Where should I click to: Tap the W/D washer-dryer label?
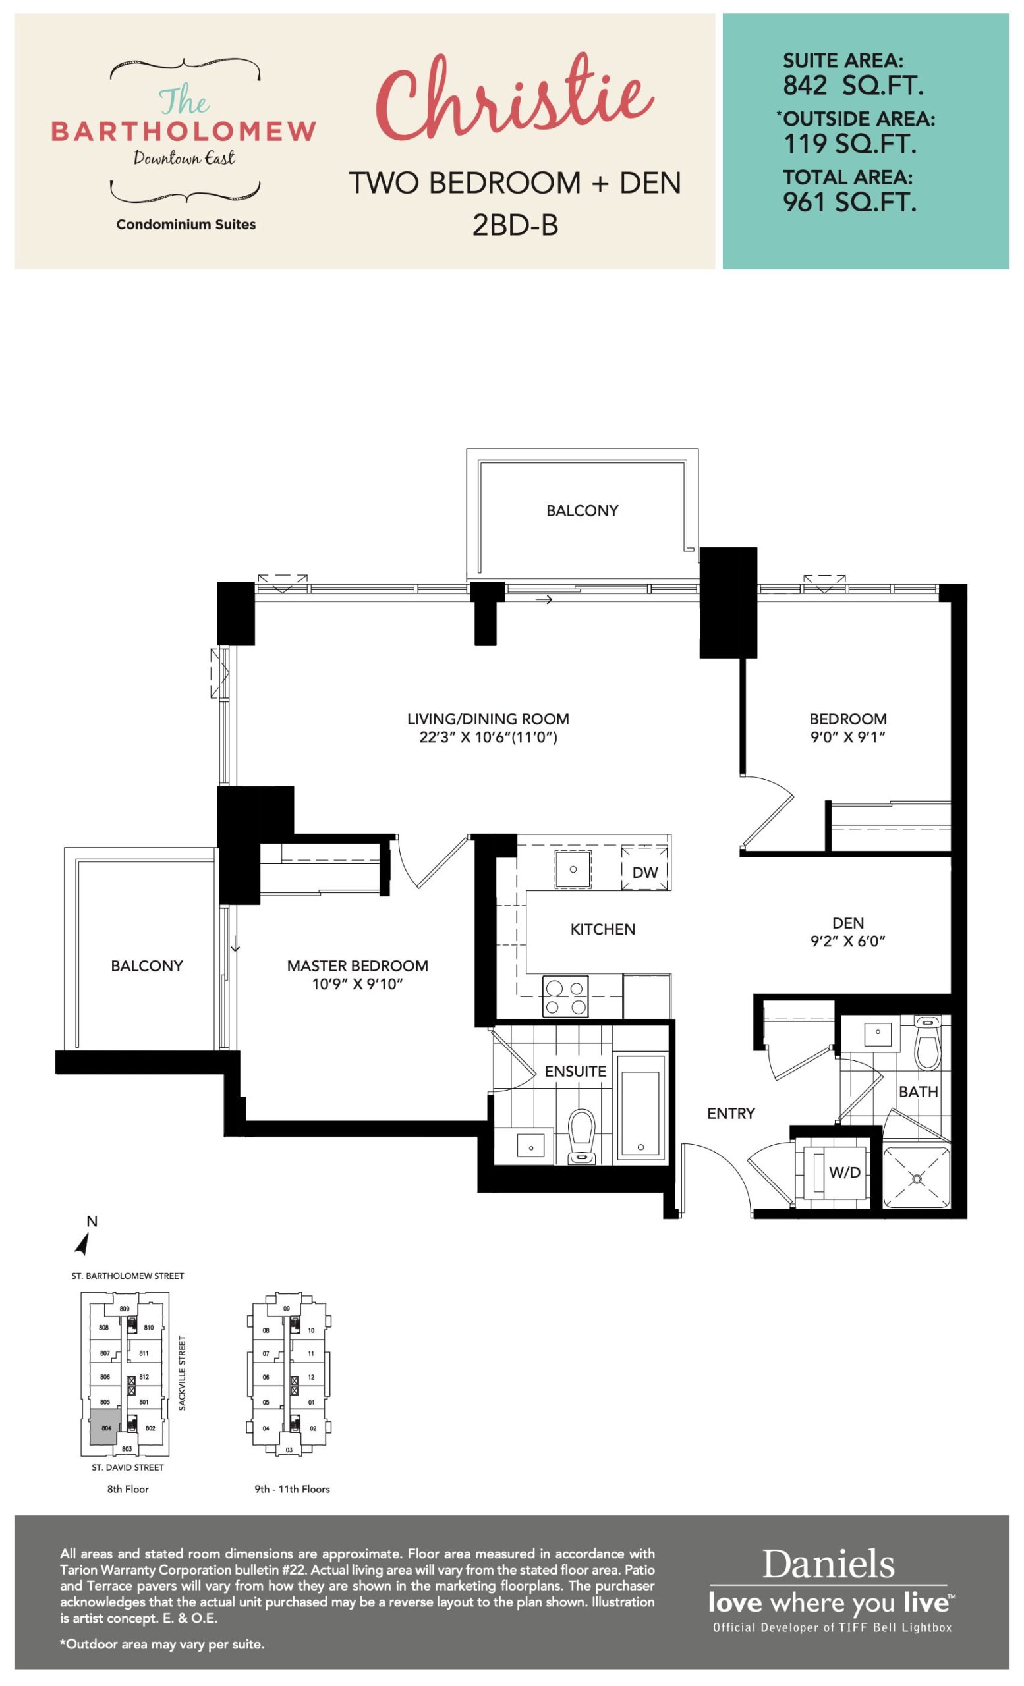point(845,1172)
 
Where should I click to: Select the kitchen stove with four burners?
point(565,997)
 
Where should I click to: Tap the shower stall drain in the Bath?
point(917,1178)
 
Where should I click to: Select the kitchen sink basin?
point(573,870)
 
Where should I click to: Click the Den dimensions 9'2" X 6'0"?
point(848,942)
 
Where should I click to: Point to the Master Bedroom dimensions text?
point(357,985)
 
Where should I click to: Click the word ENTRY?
point(731,1114)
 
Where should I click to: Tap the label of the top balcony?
point(582,510)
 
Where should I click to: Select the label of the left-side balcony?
point(147,965)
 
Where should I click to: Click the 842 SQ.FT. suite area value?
point(853,86)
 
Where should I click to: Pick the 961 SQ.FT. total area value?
point(849,203)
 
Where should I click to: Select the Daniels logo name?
point(828,1565)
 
